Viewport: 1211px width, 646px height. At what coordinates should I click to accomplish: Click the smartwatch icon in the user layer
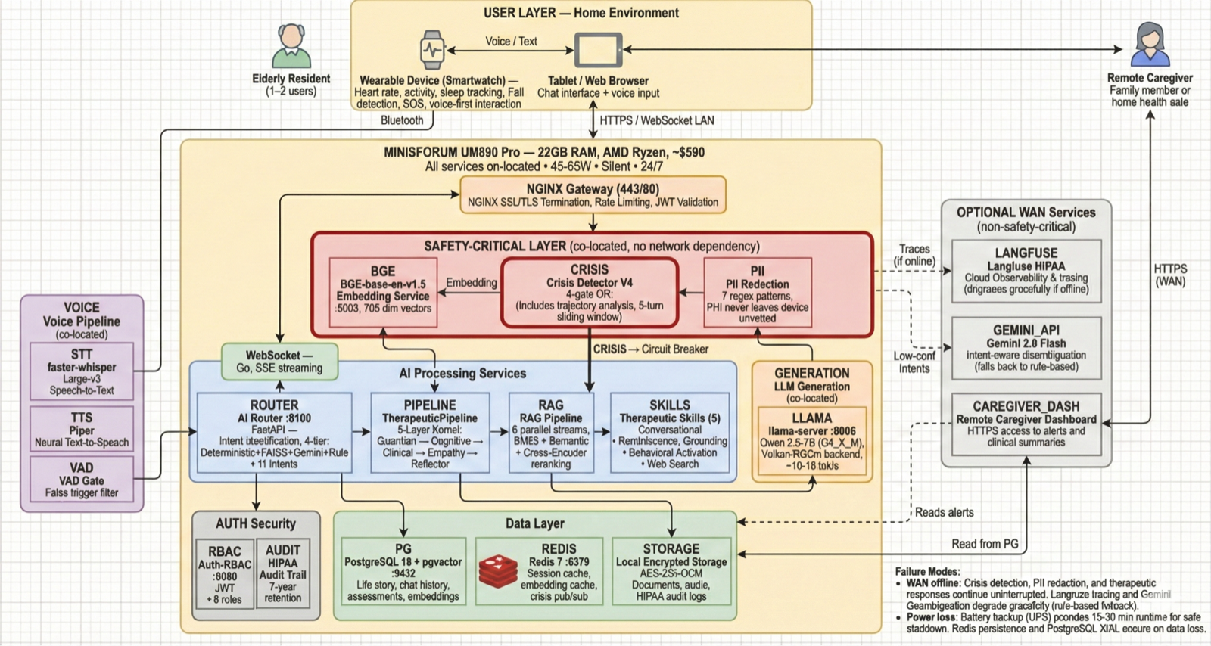pyautogui.click(x=432, y=50)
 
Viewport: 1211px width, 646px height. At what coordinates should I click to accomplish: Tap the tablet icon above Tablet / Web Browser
pyautogui.click(x=598, y=50)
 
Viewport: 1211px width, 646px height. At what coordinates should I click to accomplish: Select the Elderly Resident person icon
pyautogui.click(x=291, y=46)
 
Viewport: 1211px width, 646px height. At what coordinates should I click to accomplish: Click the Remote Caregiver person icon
pyautogui.click(x=1150, y=45)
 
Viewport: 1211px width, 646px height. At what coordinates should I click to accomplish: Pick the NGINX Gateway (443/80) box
pyautogui.click(x=593, y=195)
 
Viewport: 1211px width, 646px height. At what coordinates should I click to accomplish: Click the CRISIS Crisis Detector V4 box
pyautogui.click(x=590, y=293)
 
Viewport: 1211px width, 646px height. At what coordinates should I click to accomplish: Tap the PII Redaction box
pyautogui.click(x=757, y=293)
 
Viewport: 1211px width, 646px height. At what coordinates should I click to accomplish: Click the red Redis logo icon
pyautogui.click(x=498, y=573)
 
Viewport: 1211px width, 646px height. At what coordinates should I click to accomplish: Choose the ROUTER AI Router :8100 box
pyautogui.click(x=275, y=433)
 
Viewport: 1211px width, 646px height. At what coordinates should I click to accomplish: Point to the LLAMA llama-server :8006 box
pyautogui.click(x=811, y=441)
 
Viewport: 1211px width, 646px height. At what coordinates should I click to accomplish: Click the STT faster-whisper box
pyautogui.click(x=82, y=371)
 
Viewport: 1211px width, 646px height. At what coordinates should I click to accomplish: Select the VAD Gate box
pyautogui.click(x=82, y=480)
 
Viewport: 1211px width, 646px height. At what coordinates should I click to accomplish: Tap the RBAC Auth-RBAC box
pyautogui.click(x=225, y=574)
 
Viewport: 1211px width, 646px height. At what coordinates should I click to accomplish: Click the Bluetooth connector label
pyautogui.click(x=402, y=120)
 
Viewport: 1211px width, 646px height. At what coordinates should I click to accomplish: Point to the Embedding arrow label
pyautogui.click(x=471, y=283)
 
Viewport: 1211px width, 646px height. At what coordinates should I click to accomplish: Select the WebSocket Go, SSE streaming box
pyautogui.click(x=279, y=362)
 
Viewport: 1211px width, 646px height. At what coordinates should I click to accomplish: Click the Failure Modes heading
pyautogui.click(x=927, y=572)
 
